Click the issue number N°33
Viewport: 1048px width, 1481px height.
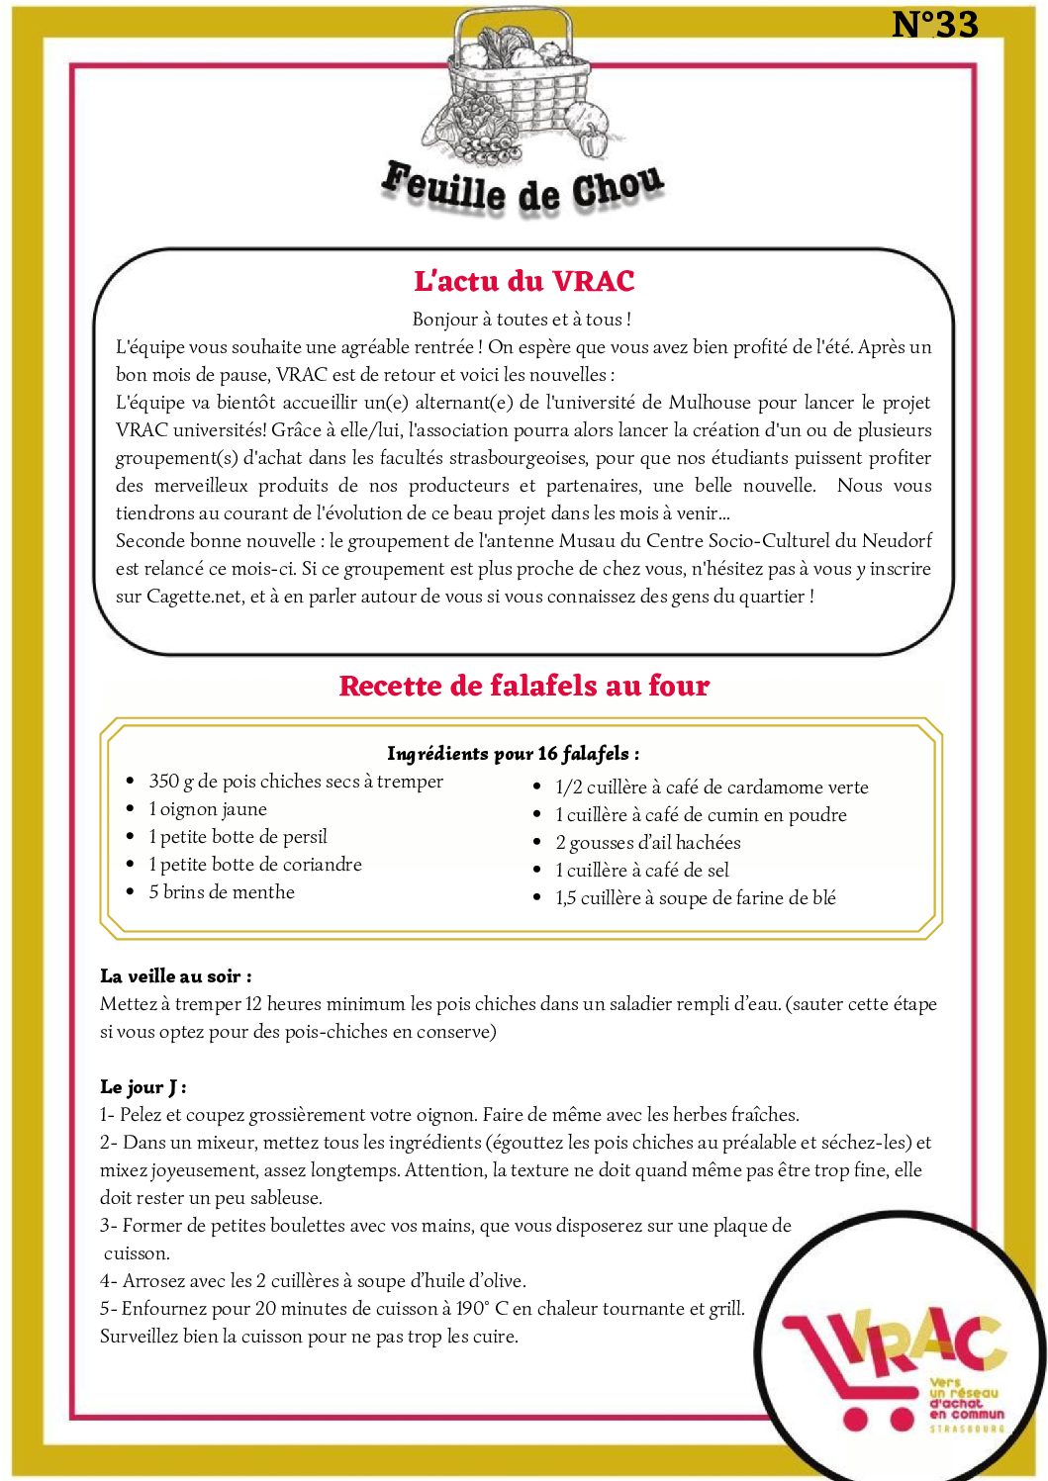[x=934, y=25]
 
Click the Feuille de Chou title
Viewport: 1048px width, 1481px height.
[x=523, y=188]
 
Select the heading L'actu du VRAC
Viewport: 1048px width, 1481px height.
[x=524, y=281]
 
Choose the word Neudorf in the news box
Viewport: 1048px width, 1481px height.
[x=897, y=541]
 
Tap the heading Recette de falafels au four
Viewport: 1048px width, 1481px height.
[x=524, y=686]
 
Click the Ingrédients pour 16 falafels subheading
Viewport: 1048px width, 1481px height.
[x=513, y=754]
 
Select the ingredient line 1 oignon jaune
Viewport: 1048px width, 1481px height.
[x=208, y=809]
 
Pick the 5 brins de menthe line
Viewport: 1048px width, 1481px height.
[x=222, y=892]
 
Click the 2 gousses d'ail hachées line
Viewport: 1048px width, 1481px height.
[x=647, y=843]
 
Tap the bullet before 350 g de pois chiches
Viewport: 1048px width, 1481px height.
[x=131, y=782]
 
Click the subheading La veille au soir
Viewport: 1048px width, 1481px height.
[x=175, y=976]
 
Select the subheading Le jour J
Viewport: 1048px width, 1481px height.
[x=143, y=1087]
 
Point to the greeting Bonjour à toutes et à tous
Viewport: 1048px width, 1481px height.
[x=522, y=320]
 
